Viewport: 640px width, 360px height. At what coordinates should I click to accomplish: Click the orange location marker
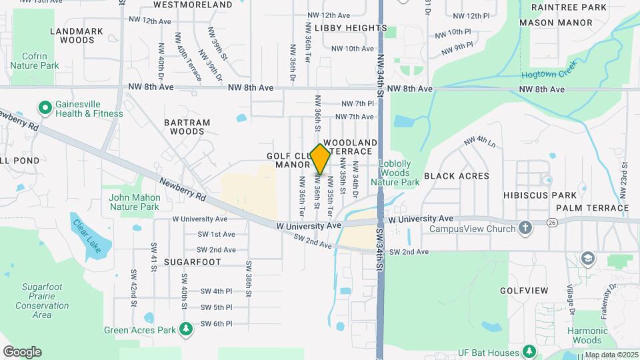tap(321, 159)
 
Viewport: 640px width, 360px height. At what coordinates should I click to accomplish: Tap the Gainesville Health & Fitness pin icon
tap(45, 107)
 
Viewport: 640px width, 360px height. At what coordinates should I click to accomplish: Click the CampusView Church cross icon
tap(525, 229)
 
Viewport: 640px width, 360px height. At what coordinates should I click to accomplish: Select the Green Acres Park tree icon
tap(187, 329)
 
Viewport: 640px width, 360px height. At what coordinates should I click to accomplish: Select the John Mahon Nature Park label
tap(135, 202)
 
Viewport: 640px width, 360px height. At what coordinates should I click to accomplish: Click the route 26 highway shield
tap(551, 223)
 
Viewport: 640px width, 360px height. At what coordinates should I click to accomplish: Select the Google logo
tap(22, 352)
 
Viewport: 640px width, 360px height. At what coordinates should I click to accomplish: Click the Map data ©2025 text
tap(611, 355)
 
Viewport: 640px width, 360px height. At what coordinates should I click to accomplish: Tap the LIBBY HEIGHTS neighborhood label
tap(350, 28)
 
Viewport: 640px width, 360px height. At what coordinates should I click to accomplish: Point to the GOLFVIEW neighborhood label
tap(524, 291)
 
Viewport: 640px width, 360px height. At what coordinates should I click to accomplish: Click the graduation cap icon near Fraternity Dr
tap(587, 257)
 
